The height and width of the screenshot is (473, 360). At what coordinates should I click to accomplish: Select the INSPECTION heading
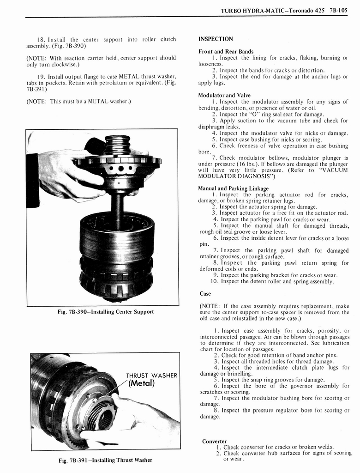point(216,39)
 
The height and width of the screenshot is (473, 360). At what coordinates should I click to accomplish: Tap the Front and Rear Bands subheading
point(226,51)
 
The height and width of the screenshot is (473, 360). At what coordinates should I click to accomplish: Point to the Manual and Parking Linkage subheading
point(233,188)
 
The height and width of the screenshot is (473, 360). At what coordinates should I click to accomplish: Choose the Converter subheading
point(214,441)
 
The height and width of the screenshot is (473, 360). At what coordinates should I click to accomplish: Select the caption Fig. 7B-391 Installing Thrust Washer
point(106,460)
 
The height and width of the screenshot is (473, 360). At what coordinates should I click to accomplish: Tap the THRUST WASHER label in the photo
point(151,376)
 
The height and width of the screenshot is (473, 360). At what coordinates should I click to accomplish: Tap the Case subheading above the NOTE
point(205,294)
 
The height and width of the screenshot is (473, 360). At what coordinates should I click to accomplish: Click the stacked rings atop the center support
point(117,145)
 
